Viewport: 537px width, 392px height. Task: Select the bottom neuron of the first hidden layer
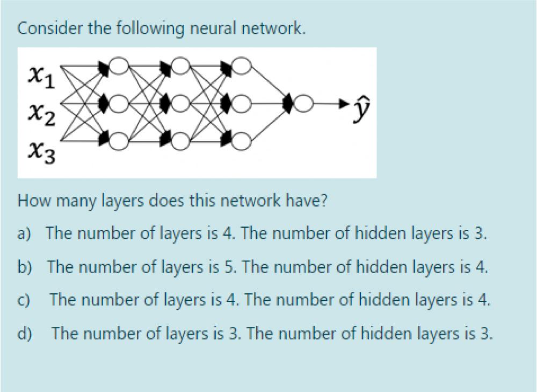click(x=119, y=141)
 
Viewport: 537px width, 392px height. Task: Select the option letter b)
click(x=25, y=267)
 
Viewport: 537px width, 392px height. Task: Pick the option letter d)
click(x=25, y=334)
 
